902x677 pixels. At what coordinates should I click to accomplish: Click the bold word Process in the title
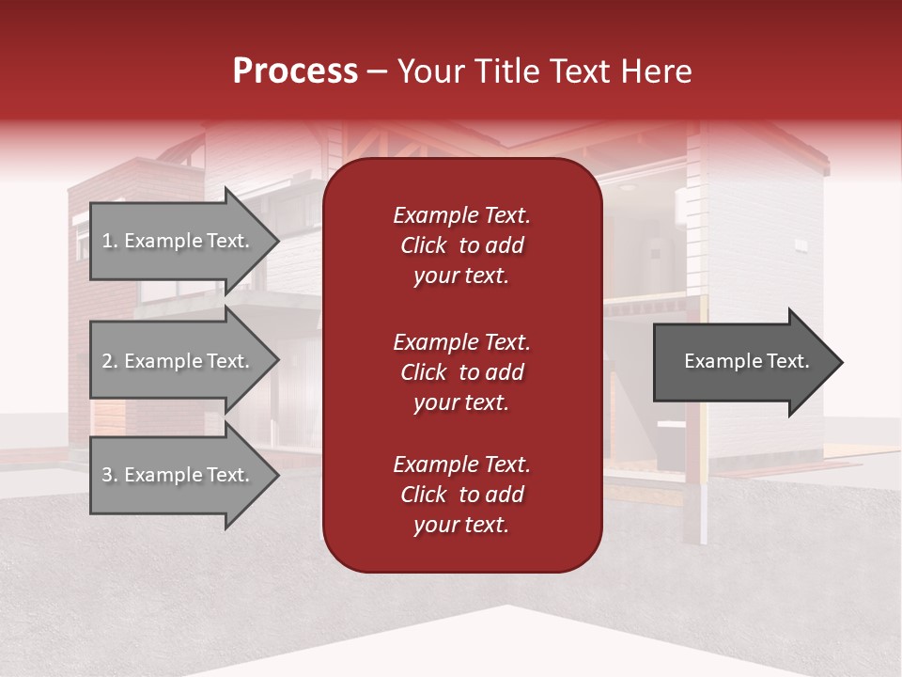(x=295, y=71)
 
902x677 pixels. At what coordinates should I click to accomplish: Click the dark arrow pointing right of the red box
(x=742, y=361)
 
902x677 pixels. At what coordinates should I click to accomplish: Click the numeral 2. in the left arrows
(x=109, y=361)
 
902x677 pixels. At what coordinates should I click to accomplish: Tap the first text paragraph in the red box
(x=461, y=245)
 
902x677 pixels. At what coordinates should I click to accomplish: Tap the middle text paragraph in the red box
(x=461, y=372)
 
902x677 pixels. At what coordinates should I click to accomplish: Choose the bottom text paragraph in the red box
(x=461, y=495)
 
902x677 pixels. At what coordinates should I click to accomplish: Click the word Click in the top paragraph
(x=423, y=245)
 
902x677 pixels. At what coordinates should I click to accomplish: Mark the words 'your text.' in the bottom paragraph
(x=461, y=526)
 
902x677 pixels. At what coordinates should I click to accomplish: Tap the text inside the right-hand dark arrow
(x=746, y=361)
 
